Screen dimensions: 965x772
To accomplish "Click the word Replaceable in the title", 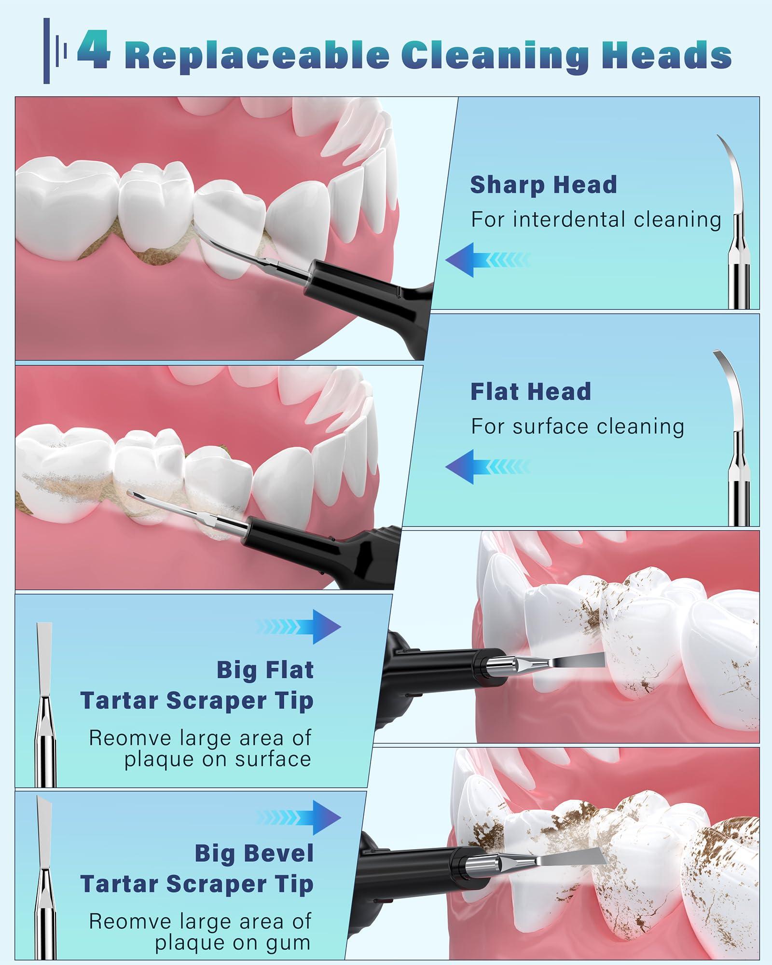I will (x=259, y=55).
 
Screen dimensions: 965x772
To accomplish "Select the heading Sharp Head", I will (x=543, y=185).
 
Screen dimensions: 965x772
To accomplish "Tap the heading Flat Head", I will (x=530, y=391).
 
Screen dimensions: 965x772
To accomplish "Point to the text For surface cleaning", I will (x=577, y=427).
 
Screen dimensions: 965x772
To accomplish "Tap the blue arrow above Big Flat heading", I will (x=300, y=627).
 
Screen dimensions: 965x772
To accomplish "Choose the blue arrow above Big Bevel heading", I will (x=300, y=818).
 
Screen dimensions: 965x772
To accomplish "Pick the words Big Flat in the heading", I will (x=265, y=670).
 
